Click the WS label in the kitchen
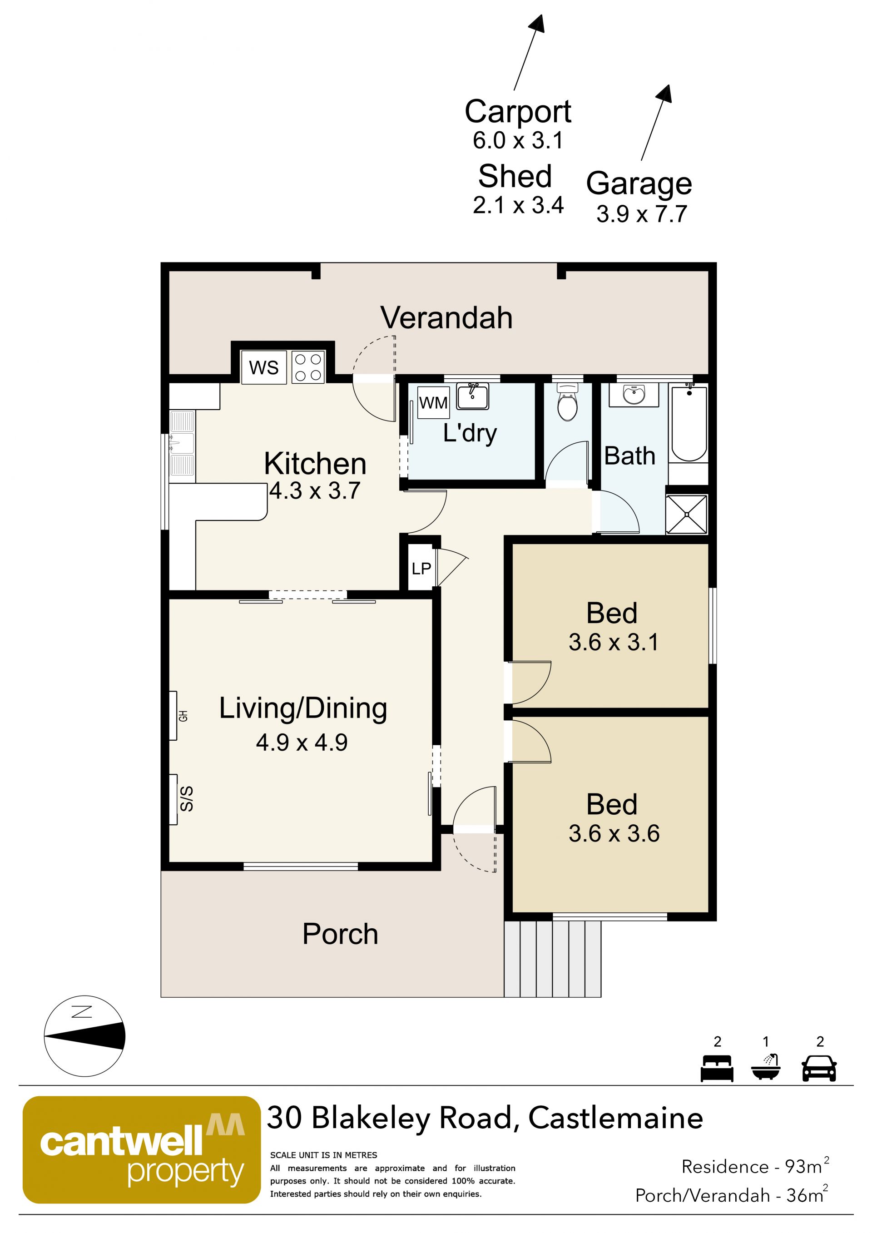point(263,367)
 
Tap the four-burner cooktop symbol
point(308,367)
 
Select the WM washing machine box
point(433,402)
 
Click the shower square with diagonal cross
point(687,515)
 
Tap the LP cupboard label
point(421,568)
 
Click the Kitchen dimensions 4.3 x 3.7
point(315,491)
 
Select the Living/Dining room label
point(303,708)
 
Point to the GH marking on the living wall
point(183,716)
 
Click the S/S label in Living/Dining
point(186,798)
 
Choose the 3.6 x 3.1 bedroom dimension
point(614,642)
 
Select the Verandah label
point(447,317)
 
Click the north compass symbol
point(84,1036)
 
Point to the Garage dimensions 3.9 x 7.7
point(642,214)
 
